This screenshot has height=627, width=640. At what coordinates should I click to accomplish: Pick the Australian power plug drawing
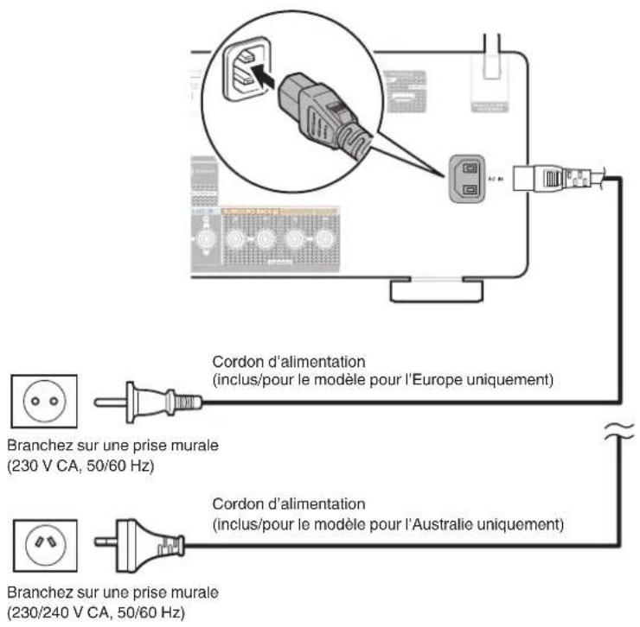(x=143, y=544)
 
